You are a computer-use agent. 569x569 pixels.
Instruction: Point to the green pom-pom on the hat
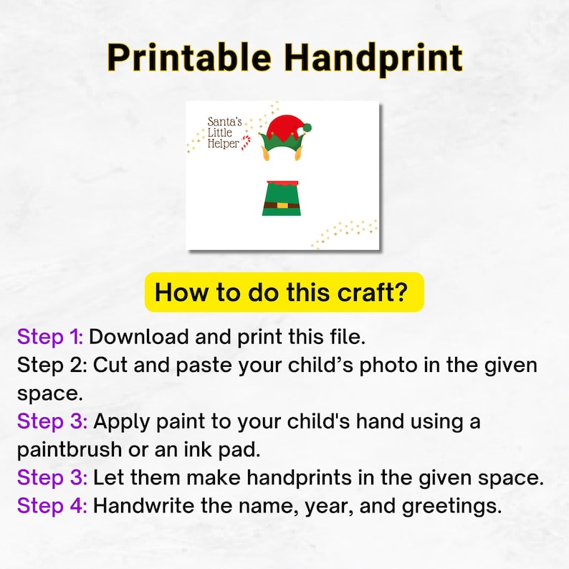pyautogui.click(x=307, y=127)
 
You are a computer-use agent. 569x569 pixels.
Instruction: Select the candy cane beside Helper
pyautogui.click(x=247, y=143)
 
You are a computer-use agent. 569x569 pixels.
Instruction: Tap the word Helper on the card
pyautogui.click(x=223, y=144)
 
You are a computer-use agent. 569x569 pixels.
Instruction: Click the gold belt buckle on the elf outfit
pyautogui.click(x=282, y=205)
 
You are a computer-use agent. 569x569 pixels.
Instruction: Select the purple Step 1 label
pyautogui.click(x=50, y=336)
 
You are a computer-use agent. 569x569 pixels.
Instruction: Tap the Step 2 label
pyautogui.click(x=50, y=365)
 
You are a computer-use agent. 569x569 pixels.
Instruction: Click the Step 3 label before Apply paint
pyautogui.click(x=52, y=421)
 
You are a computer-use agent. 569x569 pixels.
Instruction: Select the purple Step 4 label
pyautogui.click(x=52, y=506)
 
